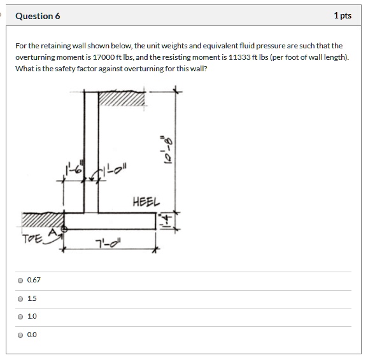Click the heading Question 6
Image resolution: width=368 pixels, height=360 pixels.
pos(38,16)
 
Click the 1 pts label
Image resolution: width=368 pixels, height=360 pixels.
pos(342,16)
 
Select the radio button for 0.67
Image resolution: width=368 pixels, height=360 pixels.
pos(21,280)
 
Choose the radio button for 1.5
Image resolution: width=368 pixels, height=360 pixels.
pos(21,298)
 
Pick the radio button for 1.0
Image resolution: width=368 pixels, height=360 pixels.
pos(21,316)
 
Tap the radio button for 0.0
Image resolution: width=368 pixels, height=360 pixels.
pos(21,335)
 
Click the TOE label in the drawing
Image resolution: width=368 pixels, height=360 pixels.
pos(31,239)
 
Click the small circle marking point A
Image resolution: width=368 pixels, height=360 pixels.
pos(64,228)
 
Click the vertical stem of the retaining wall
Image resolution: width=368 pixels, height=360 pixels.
pos(91,153)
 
